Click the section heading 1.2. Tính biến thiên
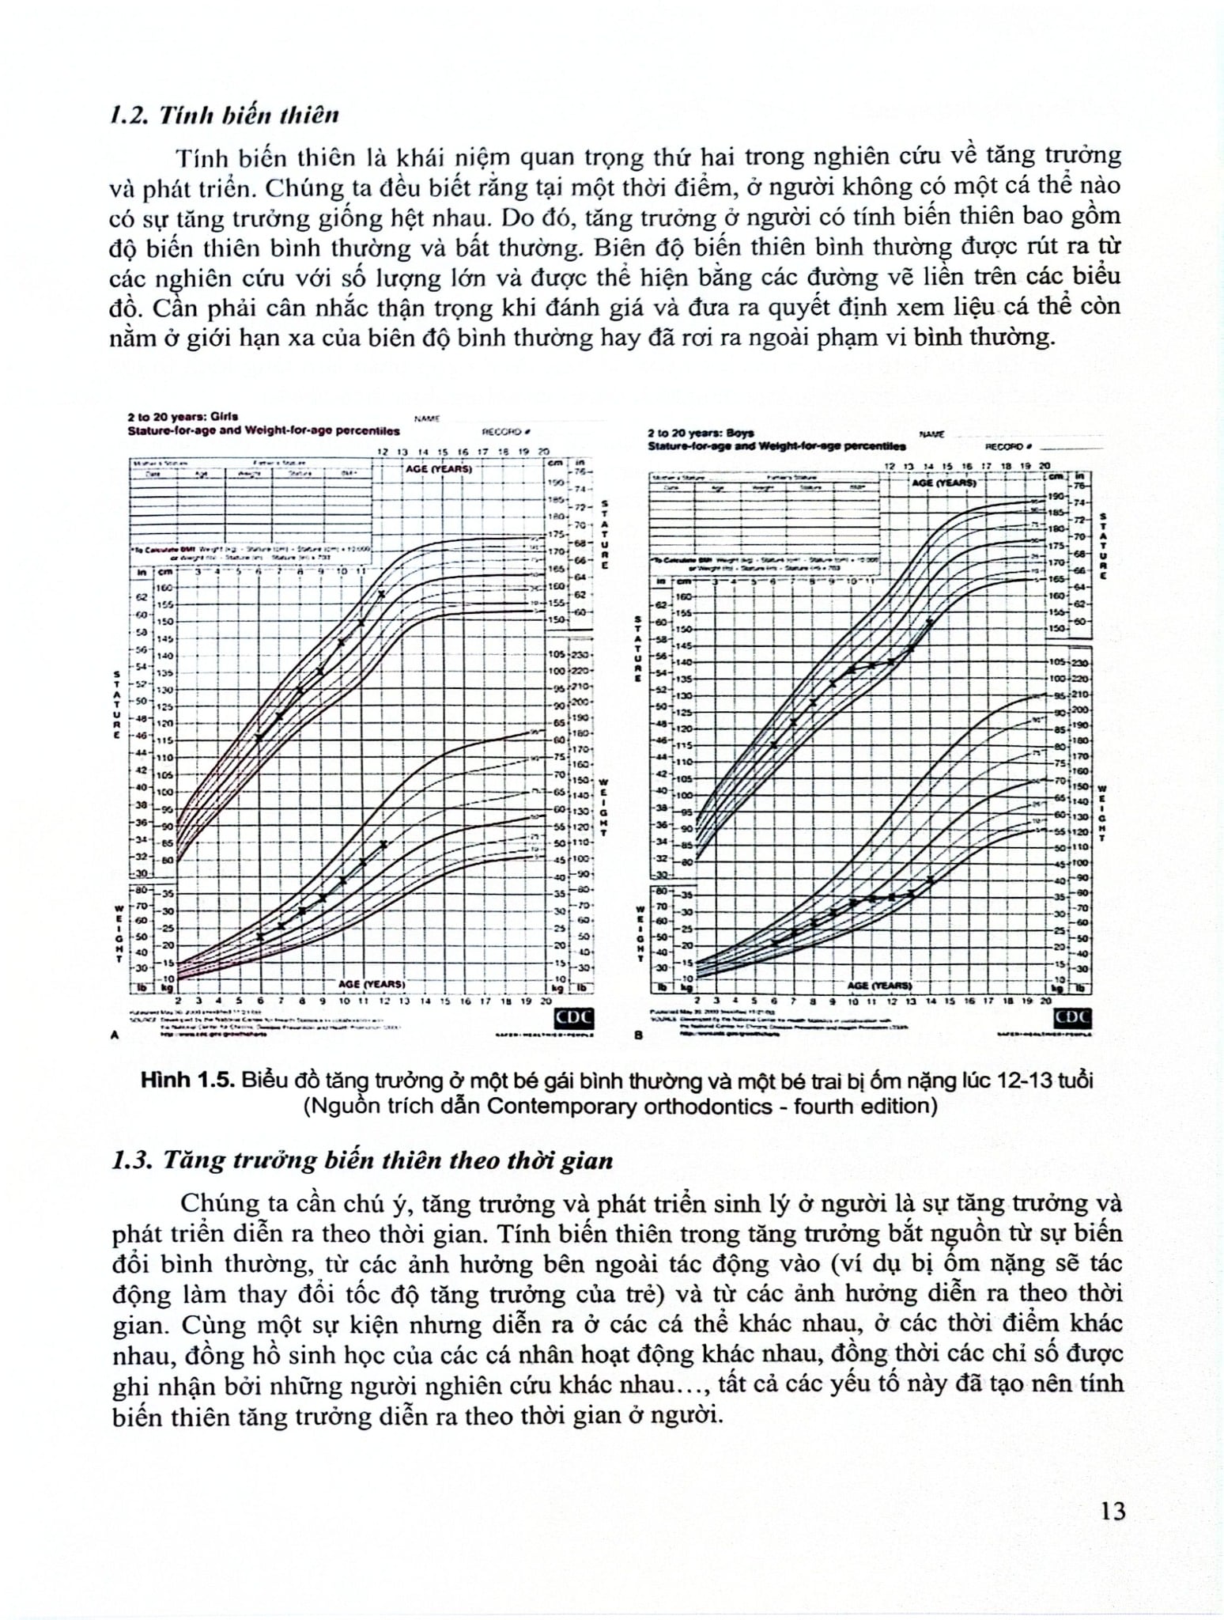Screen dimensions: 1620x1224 coord(225,115)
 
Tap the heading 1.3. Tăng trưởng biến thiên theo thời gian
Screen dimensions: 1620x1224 coord(363,1160)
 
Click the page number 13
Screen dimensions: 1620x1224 coord(1112,1512)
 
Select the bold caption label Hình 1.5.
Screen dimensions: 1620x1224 coord(187,1081)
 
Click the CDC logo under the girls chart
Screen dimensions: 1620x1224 coord(574,1017)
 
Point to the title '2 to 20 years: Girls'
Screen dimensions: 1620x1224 coord(183,416)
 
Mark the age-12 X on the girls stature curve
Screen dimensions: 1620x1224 coord(382,594)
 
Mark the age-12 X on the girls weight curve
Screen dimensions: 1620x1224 coord(383,845)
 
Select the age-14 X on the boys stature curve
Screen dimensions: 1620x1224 coord(930,623)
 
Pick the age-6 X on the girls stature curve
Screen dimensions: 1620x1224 coord(259,738)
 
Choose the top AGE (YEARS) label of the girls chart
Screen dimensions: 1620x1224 coord(439,468)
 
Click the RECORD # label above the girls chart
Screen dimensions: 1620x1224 coord(505,432)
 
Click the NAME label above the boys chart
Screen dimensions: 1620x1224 coord(932,434)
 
